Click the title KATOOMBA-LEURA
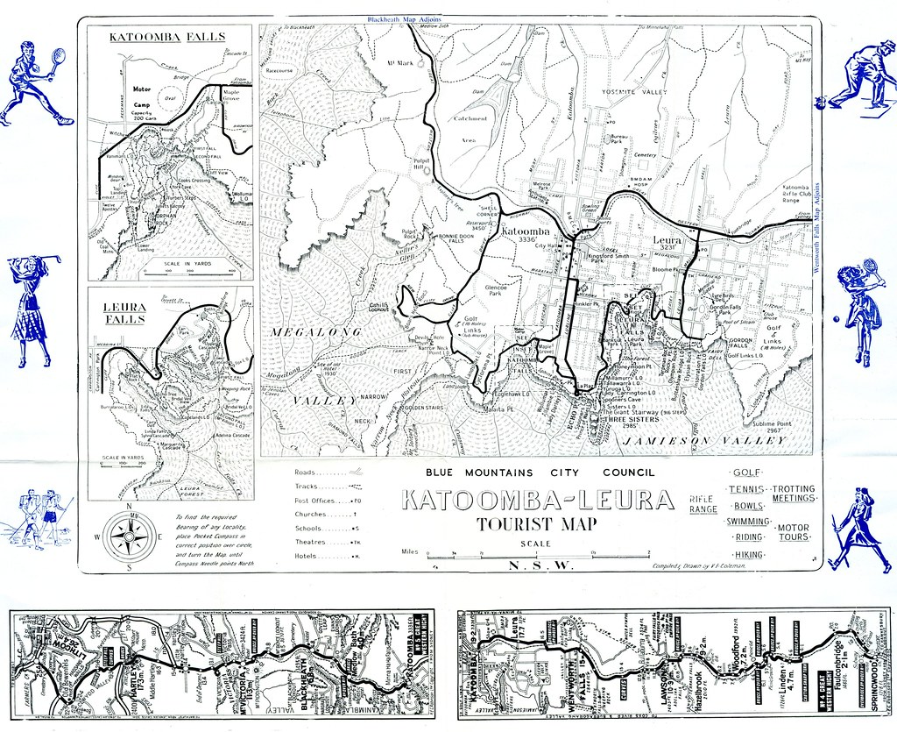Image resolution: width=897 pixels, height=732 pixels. (536, 501)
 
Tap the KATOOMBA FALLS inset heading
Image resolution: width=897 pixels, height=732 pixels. (166, 38)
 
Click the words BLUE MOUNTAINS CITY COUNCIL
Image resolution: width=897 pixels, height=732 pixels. (540, 473)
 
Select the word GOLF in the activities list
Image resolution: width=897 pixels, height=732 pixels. (745, 473)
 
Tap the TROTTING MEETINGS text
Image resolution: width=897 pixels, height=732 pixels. (793, 494)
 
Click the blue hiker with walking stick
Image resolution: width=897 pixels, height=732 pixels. (858, 529)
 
